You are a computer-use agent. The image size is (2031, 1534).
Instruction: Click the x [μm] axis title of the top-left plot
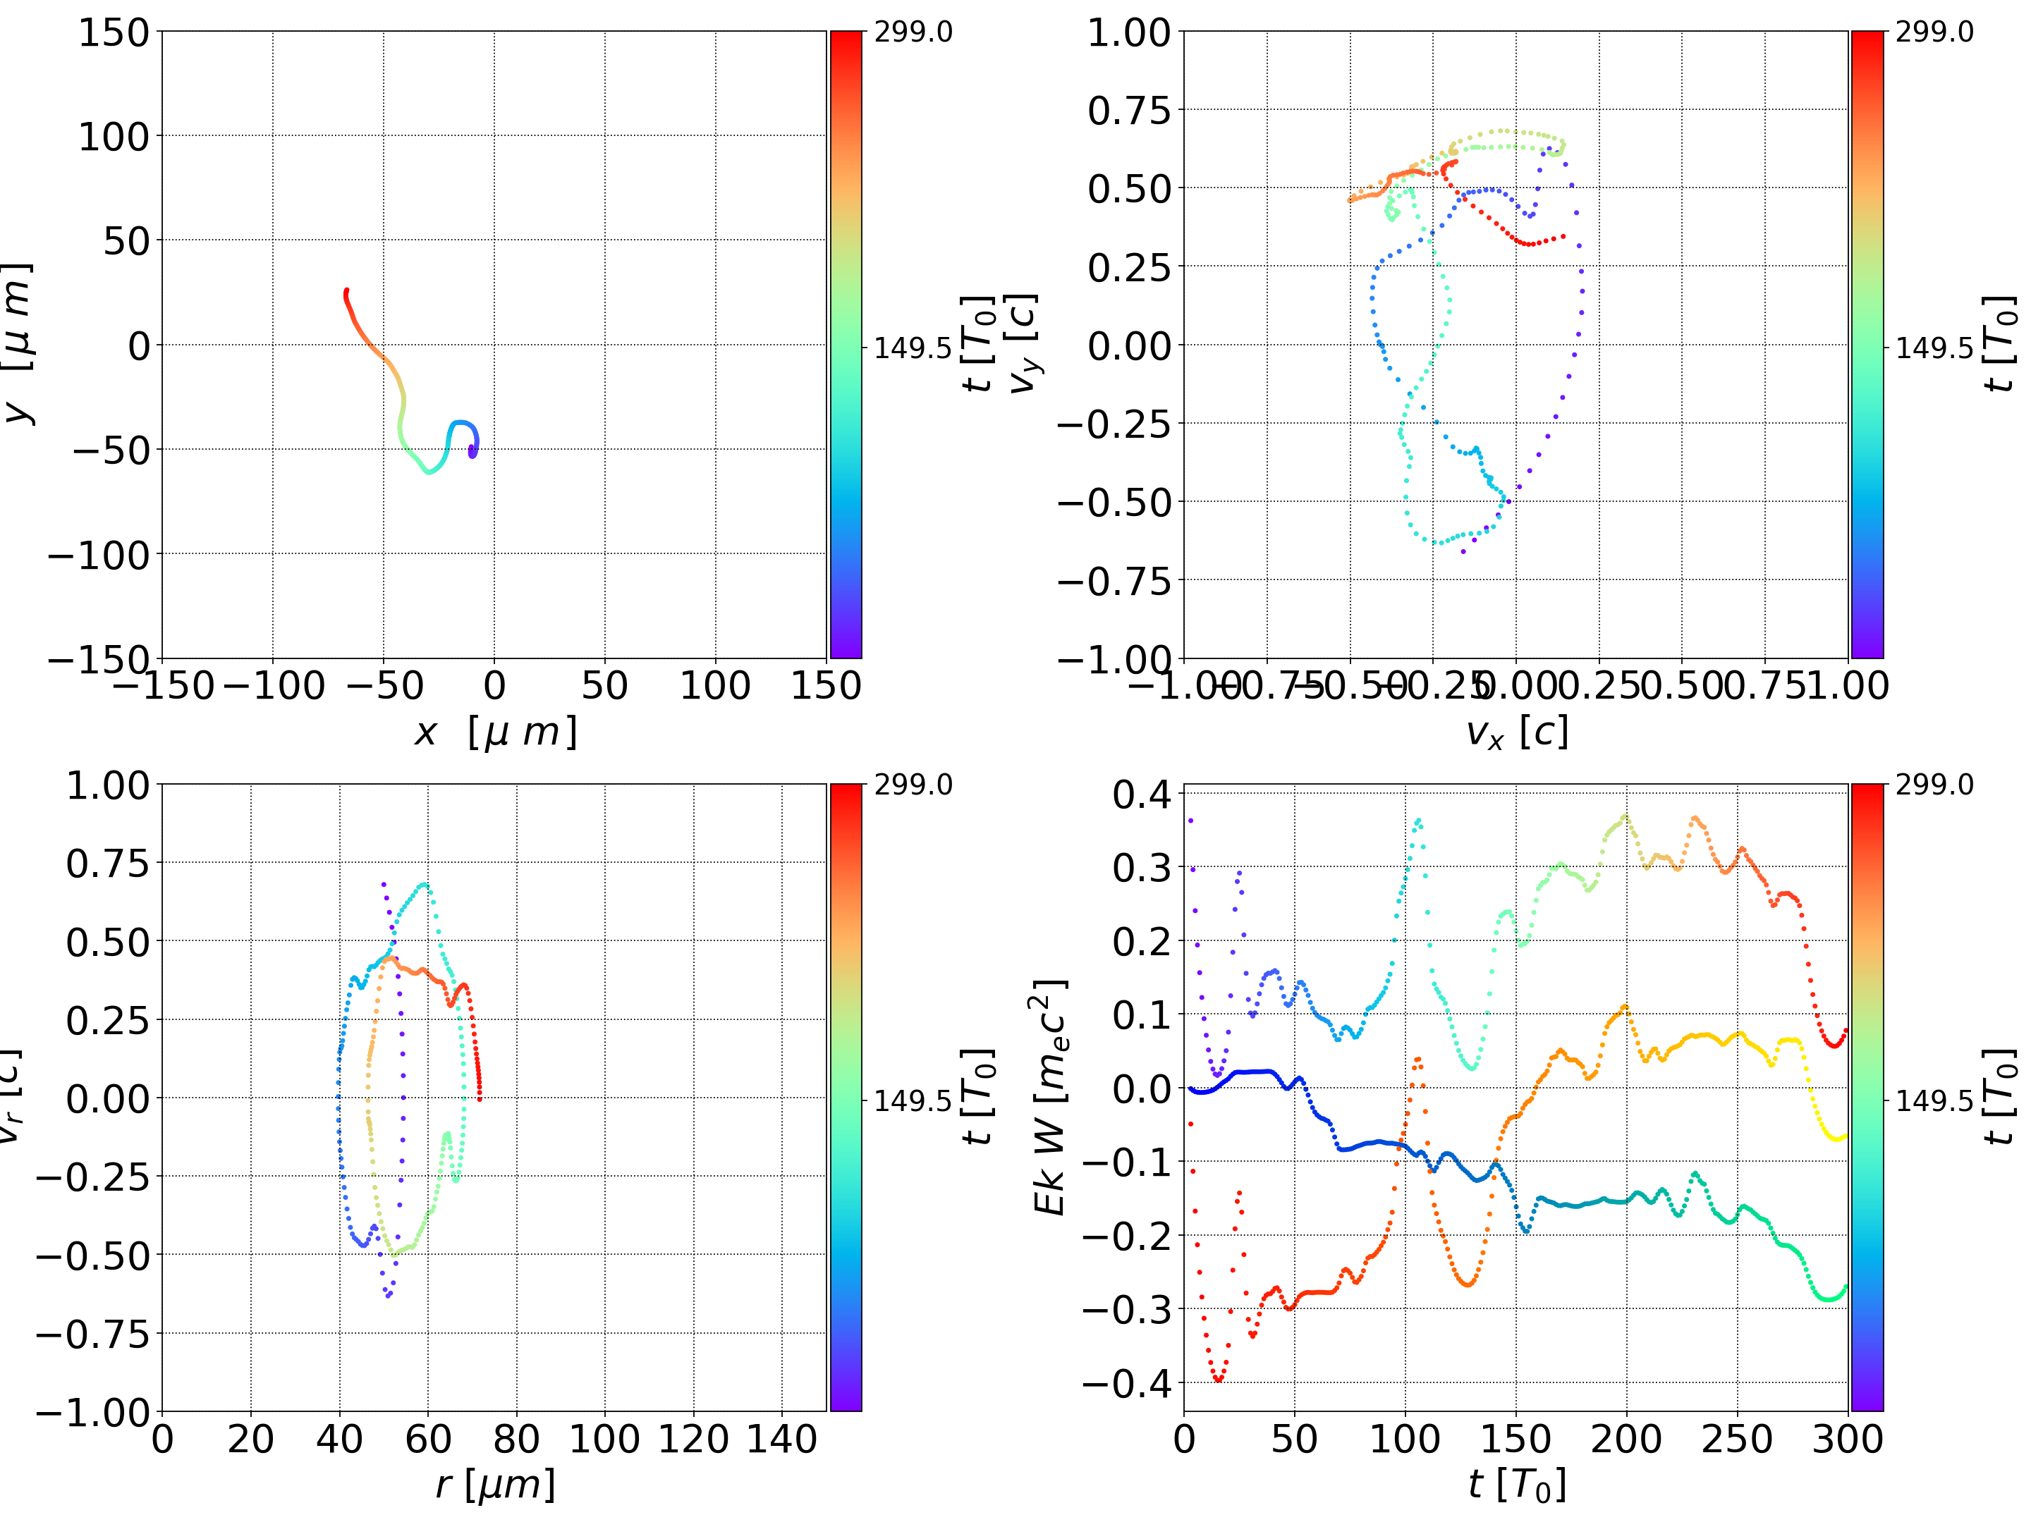point(495,732)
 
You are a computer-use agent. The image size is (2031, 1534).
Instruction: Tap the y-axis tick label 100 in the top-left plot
point(113,137)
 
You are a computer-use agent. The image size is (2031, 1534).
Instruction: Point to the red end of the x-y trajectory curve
point(346,292)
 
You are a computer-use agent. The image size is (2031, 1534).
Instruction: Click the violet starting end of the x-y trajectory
point(472,453)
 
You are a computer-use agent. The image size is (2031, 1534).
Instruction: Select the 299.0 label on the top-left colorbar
point(913,32)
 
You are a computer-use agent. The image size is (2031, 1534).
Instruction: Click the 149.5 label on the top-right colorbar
point(1934,349)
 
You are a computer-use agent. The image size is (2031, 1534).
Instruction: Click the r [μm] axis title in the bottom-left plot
point(495,1485)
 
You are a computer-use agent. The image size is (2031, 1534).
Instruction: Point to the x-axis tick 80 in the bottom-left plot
point(516,1439)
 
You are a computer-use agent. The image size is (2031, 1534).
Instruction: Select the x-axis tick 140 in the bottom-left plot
point(781,1439)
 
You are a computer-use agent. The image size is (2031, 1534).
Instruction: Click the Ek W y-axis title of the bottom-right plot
point(1049,1097)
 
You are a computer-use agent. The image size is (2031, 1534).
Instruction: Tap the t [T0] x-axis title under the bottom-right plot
point(1516,1485)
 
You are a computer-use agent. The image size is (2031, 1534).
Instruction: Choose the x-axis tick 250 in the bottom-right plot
point(1736,1439)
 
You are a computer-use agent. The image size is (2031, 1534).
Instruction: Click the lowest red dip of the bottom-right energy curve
point(1219,1380)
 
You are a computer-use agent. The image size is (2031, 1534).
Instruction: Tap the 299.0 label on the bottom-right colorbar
point(1934,785)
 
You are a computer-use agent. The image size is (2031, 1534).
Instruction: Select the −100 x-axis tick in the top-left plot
point(274,686)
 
